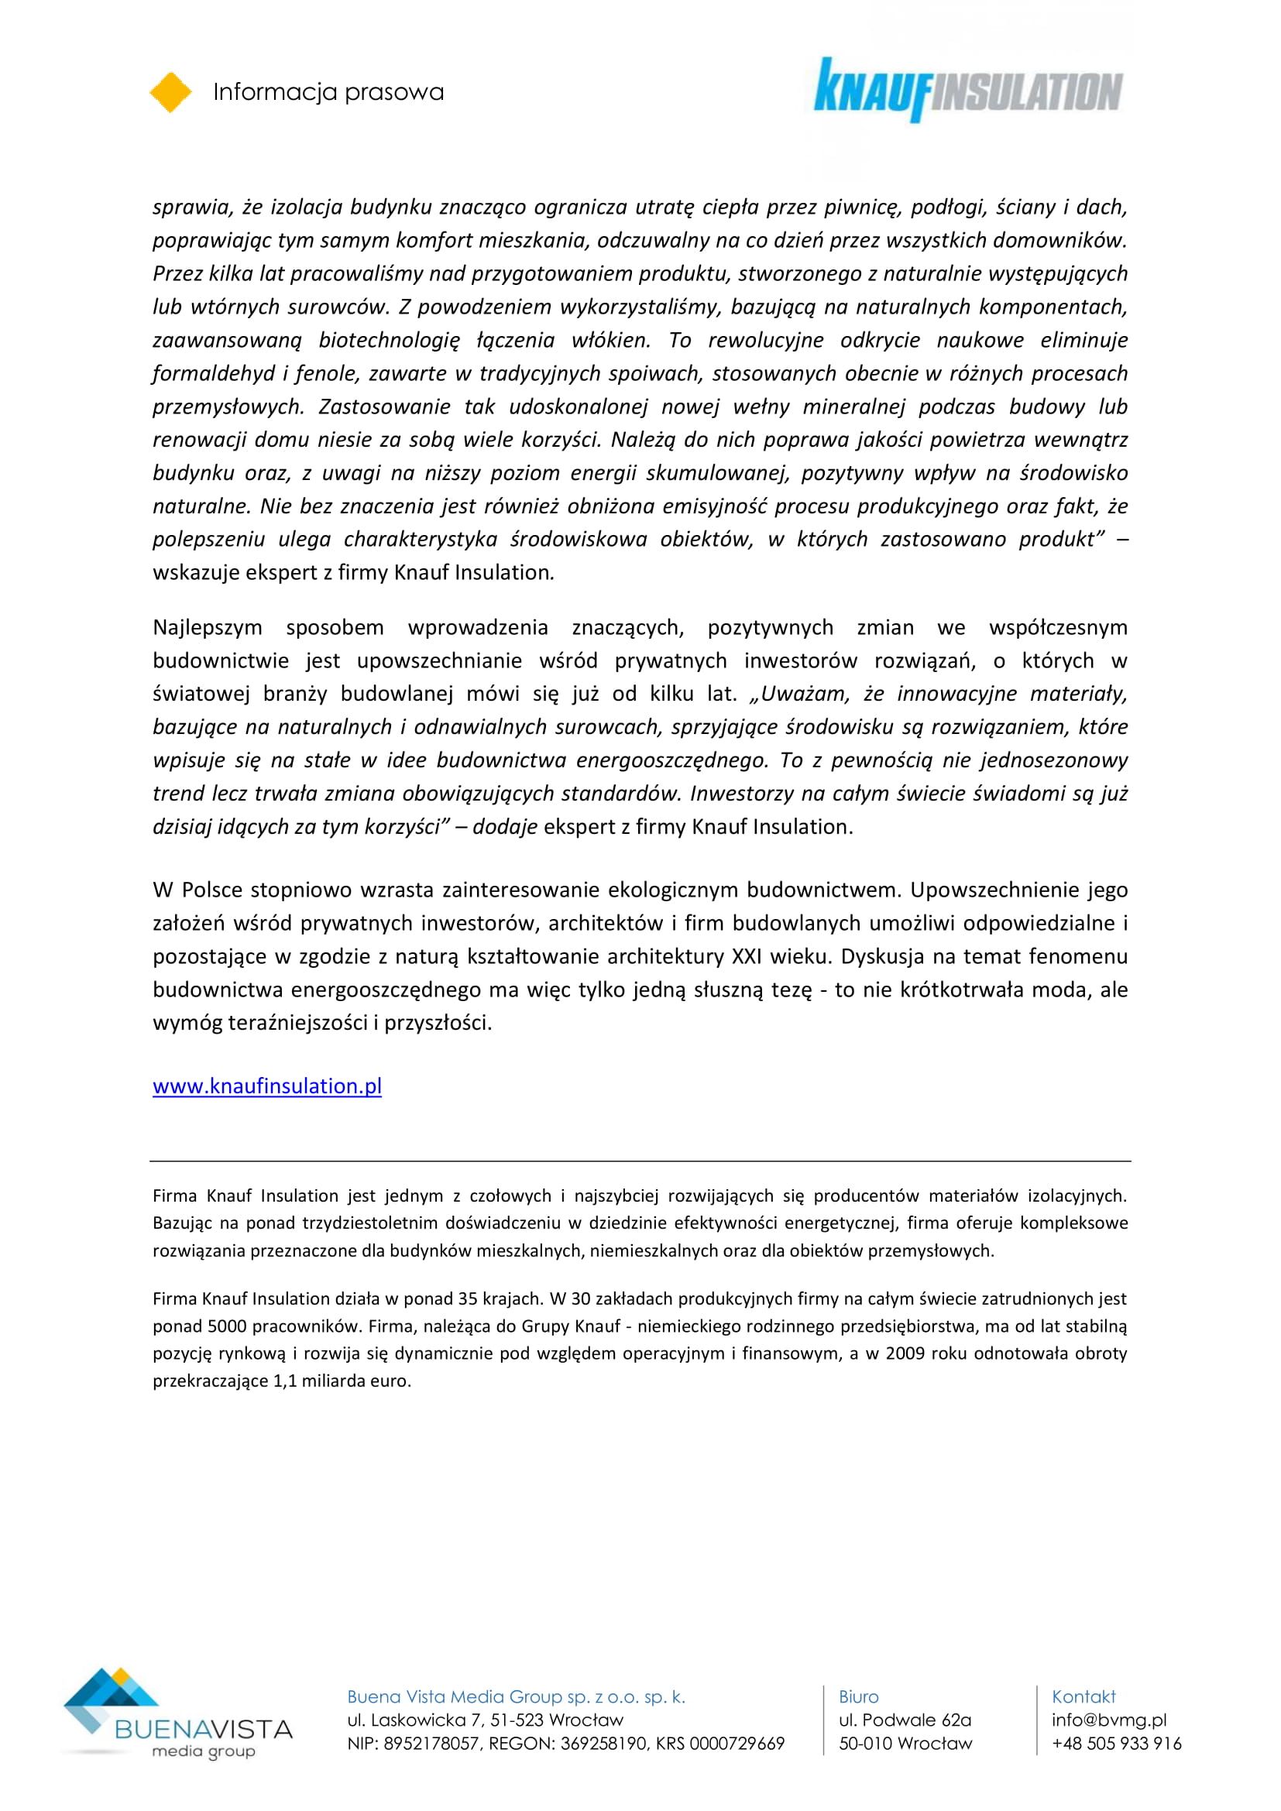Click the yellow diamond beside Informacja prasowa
click(x=170, y=92)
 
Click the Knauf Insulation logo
click(x=968, y=90)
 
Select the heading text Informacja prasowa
click(x=328, y=92)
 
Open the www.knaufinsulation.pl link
click(x=266, y=1086)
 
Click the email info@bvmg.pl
click(x=1108, y=1720)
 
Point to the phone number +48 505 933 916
click(x=1116, y=1743)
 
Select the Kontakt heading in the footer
click(x=1083, y=1696)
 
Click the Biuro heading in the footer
click(x=858, y=1696)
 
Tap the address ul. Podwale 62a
click(x=905, y=1720)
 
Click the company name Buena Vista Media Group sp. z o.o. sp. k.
click(x=516, y=1696)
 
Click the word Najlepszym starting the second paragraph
click(x=208, y=627)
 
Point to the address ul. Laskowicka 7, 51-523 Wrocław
click(x=485, y=1720)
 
